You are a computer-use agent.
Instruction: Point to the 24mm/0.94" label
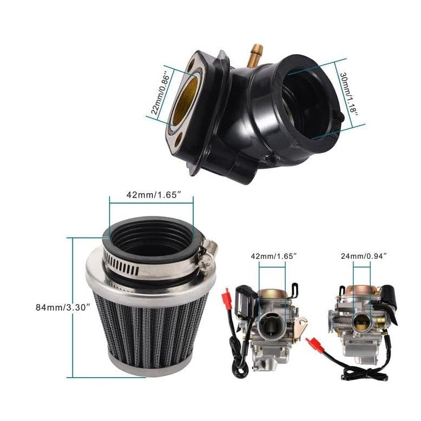tap(362, 255)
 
